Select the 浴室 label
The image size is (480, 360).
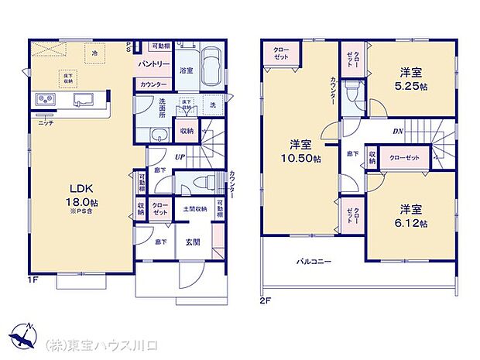click(x=186, y=70)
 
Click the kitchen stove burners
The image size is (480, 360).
click(x=43, y=100)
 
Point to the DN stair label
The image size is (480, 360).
click(x=398, y=131)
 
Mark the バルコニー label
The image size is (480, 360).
click(x=314, y=262)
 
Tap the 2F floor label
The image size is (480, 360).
click(x=266, y=300)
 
